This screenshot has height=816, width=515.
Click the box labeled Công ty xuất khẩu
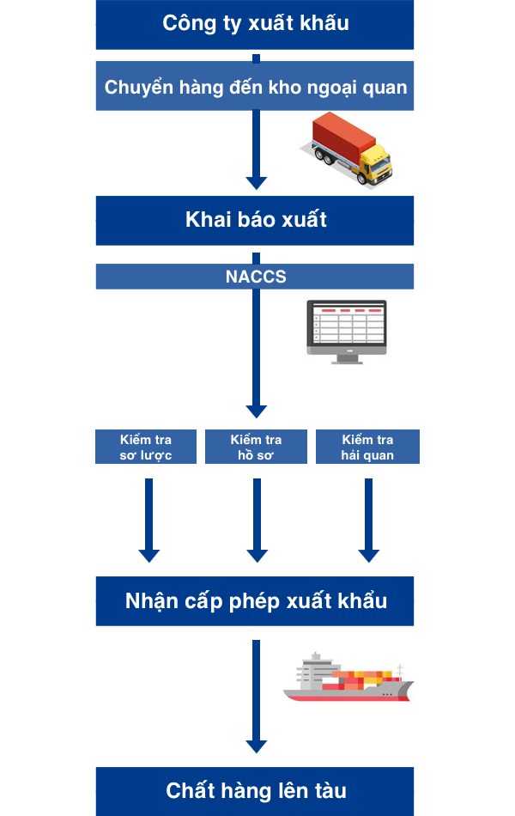255,24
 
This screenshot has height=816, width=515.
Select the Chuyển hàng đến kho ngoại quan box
255,87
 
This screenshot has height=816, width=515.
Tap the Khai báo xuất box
255,220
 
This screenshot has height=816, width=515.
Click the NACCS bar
255,277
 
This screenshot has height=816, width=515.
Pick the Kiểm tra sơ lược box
146,448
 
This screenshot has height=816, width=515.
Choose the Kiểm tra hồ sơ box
256,448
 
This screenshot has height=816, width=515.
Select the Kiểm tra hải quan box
367,448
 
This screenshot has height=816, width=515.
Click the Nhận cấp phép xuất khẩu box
255,600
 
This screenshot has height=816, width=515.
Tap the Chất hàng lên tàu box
255,790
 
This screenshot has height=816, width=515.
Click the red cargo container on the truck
342,137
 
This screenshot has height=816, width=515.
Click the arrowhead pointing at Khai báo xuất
256,182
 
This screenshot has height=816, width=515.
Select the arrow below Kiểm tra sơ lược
149,521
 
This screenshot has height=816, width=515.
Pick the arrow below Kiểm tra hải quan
368,521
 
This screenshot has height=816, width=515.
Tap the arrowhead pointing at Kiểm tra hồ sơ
256,411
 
